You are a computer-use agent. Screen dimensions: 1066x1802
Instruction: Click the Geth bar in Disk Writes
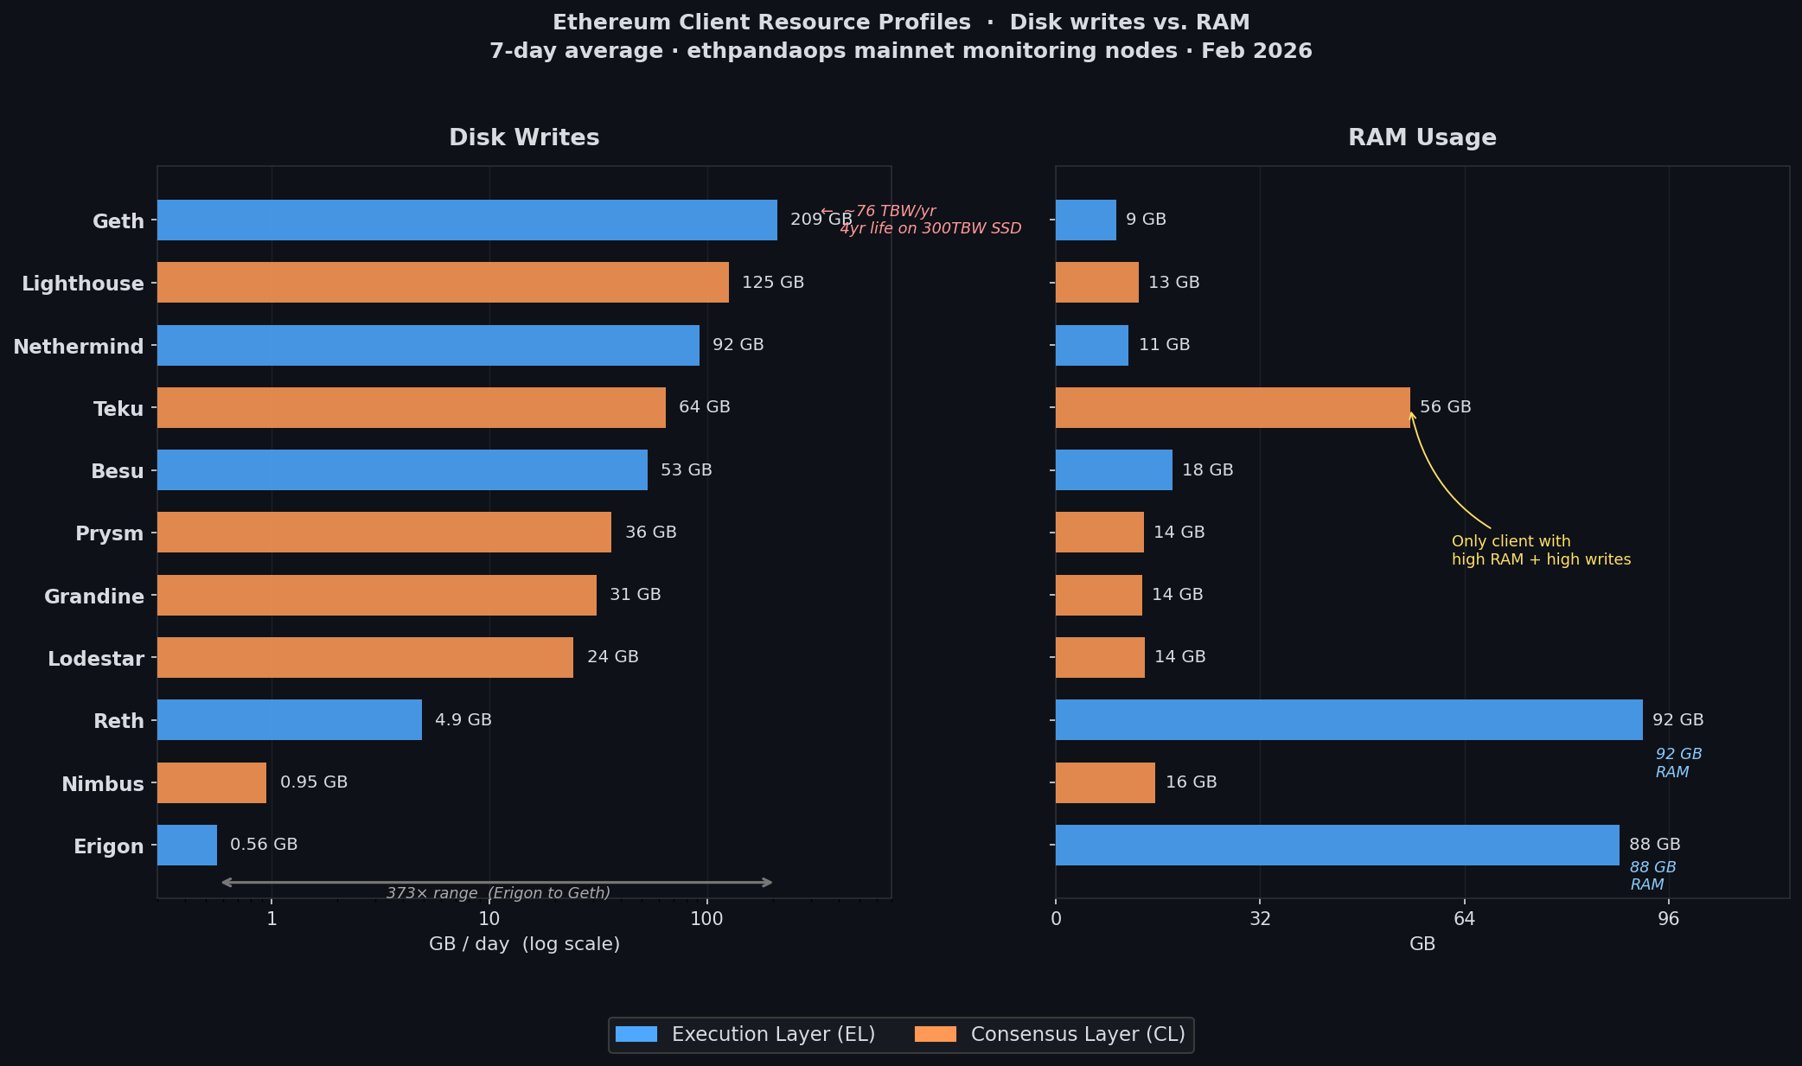467,220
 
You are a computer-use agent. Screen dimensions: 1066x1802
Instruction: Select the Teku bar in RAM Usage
1232,407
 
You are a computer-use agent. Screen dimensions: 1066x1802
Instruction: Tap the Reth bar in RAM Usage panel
1349,719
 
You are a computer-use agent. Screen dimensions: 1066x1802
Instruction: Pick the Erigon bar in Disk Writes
187,845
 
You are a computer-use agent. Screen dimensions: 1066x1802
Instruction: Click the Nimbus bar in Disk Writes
212,782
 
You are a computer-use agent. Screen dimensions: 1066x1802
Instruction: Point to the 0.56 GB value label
264,845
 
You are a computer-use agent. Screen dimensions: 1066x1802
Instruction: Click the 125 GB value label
773,283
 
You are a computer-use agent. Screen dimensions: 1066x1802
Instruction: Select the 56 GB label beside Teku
1445,407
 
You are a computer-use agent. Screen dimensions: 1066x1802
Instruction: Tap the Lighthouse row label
83,284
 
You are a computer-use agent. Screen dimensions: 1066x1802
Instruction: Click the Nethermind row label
79,347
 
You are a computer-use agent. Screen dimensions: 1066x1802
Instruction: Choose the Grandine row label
94,597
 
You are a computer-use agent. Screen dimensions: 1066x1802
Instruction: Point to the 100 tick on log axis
706,919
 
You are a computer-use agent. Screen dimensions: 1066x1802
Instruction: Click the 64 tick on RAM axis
1464,919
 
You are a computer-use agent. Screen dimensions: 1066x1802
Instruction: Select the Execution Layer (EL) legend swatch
636,1034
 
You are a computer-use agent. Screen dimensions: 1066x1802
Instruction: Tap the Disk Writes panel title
524,137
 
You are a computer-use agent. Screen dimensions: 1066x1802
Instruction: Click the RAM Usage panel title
1422,137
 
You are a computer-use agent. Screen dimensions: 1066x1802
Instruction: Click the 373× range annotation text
498,893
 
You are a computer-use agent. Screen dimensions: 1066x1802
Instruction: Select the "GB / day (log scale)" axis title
524,944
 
